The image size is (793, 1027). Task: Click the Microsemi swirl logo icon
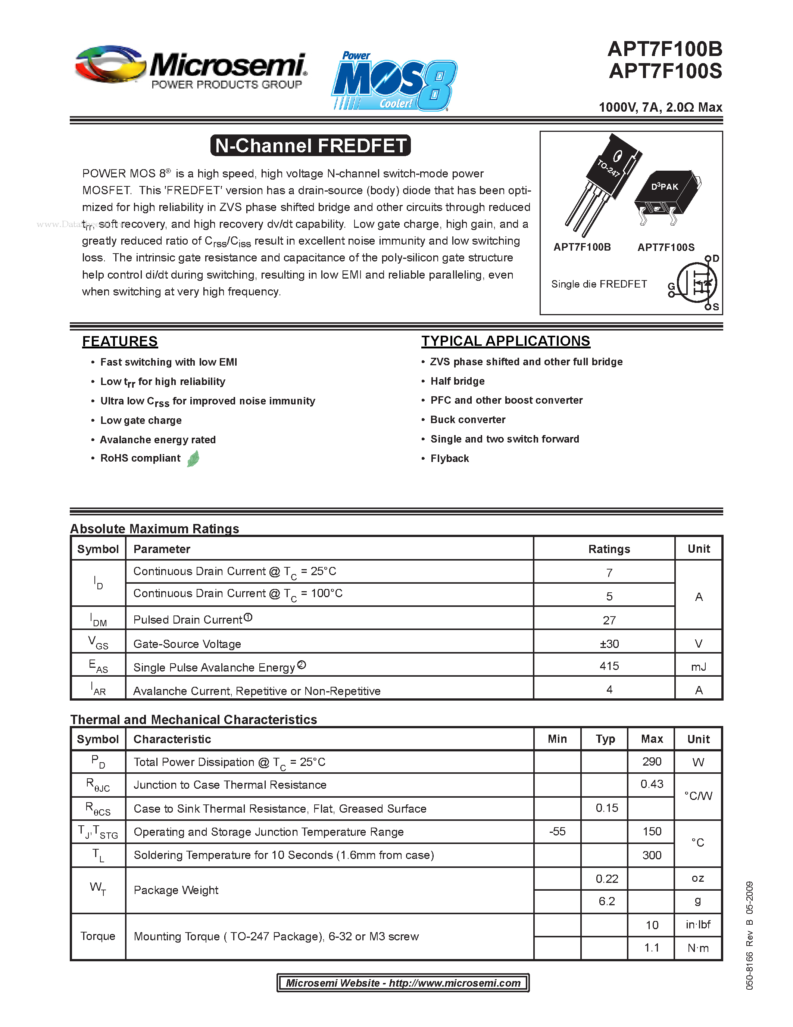click(109, 65)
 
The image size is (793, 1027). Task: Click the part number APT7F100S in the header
click(665, 71)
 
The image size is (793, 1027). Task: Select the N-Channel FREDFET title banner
click(310, 145)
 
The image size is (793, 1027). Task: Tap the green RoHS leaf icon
click(193, 459)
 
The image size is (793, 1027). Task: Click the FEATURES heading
click(120, 341)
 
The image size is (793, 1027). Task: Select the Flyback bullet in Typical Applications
click(449, 459)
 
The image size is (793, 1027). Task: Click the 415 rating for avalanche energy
click(609, 666)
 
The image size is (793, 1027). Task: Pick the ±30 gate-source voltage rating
click(609, 643)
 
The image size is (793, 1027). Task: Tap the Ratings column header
click(609, 549)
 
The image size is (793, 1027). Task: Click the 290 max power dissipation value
click(652, 761)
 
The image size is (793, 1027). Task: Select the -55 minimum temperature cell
click(557, 831)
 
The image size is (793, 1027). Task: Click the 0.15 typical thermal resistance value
click(606, 808)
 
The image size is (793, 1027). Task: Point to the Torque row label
click(98, 936)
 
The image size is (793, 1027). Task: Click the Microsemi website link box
click(403, 983)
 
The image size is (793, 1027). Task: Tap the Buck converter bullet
click(468, 419)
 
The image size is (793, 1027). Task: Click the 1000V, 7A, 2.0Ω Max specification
click(660, 107)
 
